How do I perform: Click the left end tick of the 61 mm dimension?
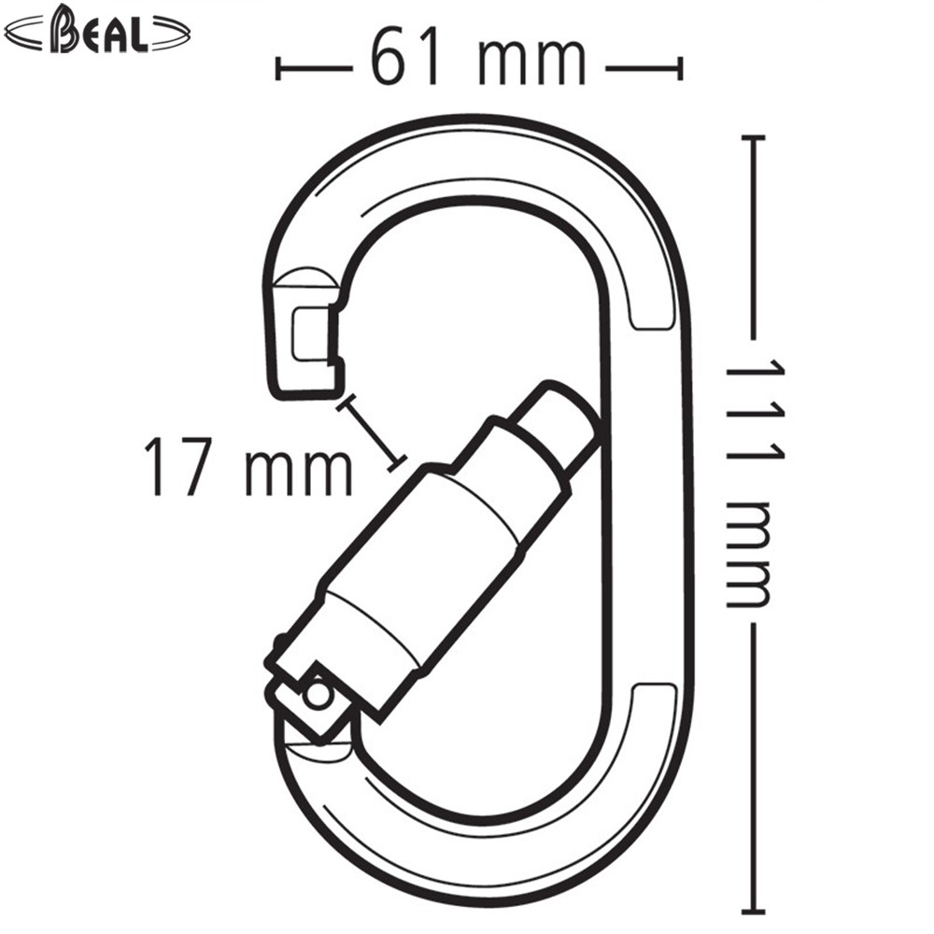pos(278,68)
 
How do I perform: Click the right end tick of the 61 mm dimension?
pos(680,68)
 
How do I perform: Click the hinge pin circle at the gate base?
pos(318,694)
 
